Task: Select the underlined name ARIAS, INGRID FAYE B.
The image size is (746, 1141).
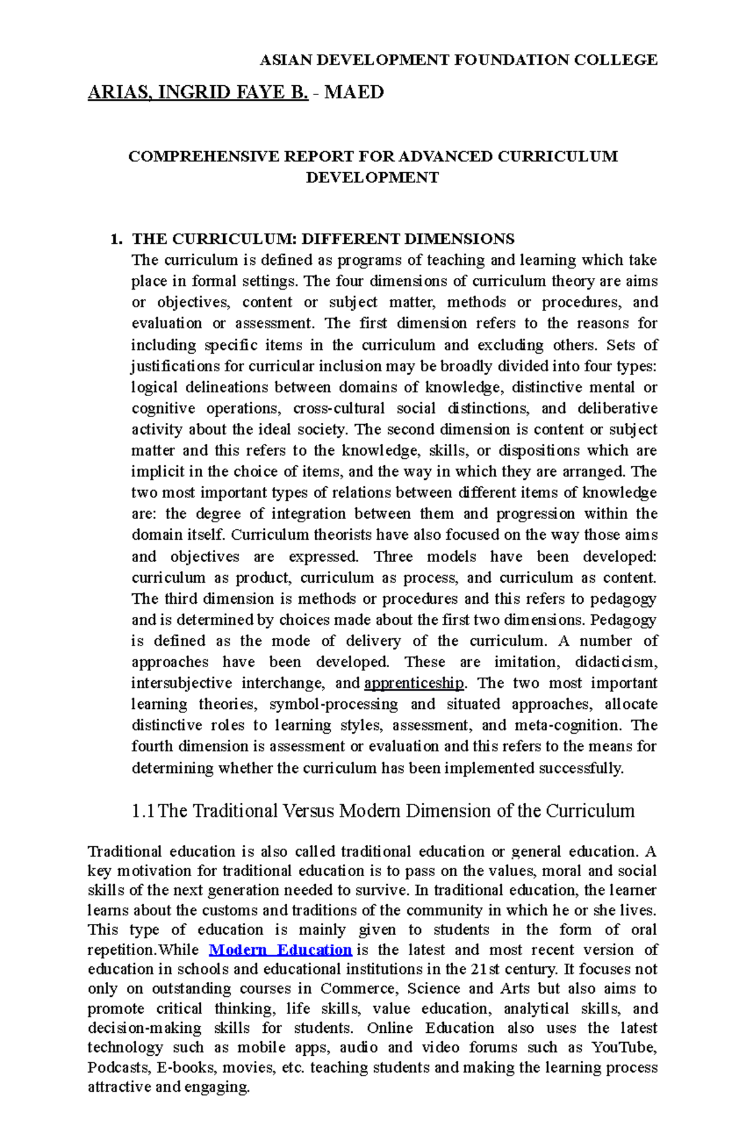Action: tap(198, 93)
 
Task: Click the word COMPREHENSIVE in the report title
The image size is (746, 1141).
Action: tap(204, 156)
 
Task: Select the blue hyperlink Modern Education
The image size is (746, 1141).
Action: tap(280, 949)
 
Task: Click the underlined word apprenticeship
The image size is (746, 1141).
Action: tap(414, 683)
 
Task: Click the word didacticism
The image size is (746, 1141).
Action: tap(615, 662)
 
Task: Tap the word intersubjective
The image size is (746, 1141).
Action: tap(181, 683)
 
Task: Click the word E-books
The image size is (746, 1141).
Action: tap(185, 1068)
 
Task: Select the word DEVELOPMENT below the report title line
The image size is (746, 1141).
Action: tap(372, 178)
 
